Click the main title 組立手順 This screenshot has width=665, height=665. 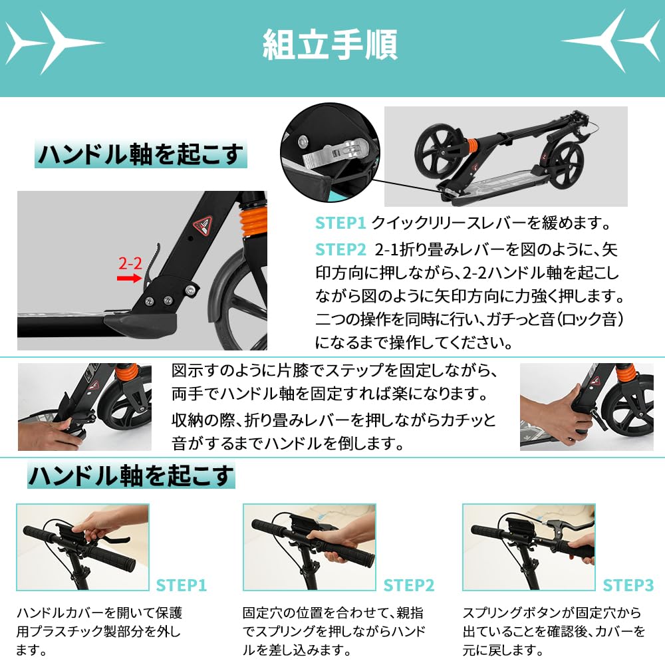point(330,46)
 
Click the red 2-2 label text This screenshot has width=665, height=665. point(130,263)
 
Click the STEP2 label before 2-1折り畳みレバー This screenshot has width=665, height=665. point(340,249)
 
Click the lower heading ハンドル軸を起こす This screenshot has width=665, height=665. point(131,476)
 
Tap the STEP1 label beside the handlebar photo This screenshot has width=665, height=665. point(182,586)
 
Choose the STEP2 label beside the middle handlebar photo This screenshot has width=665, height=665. point(409,586)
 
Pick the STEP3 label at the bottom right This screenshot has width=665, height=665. point(628,586)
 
